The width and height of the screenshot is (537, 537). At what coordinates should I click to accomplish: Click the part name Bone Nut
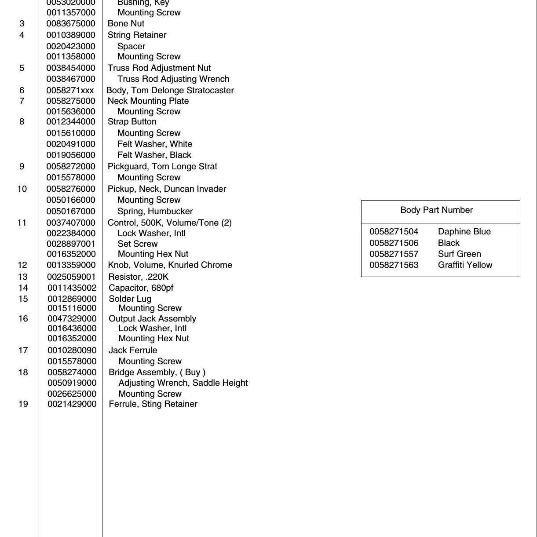pyautogui.click(x=126, y=24)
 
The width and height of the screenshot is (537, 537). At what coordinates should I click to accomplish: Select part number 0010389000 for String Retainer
pyautogui.click(x=71, y=35)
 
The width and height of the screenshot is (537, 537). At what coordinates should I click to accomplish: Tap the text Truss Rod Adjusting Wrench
pyautogui.click(x=173, y=79)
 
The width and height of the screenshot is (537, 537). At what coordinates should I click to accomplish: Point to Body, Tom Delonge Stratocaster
pyautogui.click(x=170, y=91)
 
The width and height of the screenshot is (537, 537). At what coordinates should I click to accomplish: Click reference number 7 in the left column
pyautogui.click(x=22, y=101)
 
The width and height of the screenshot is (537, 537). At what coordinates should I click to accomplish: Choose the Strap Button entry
pyautogui.click(x=132, y=122)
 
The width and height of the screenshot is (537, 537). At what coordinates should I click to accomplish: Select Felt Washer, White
pyautogui.click(x=154, y=144)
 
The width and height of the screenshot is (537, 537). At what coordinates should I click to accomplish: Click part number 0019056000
pyautogui.click(x=71, y=155)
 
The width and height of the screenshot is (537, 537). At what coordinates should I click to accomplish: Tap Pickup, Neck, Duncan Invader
pyautogui.click(x=167, y=189)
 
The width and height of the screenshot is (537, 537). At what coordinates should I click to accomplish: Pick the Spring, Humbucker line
pyautogui.click(x=155, y=211)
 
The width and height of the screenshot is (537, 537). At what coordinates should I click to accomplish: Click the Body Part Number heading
pyautogui.click(x=436, y=210)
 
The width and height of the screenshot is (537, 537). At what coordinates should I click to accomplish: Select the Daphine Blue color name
pyautogui.click(x=464, y=231)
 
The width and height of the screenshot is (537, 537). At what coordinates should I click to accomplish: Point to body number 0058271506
pyautogui.click(x=394, y=243)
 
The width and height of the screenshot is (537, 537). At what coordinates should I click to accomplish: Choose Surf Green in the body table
pyautogui.click(x=459, y=254)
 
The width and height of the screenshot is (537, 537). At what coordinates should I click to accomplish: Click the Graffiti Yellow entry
pyautogui.click(x=465, y=265)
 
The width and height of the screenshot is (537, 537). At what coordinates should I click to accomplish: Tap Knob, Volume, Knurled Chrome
pyautogui.click(x=170, y=265)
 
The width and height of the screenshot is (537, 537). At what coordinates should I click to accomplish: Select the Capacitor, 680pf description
pyautogui.click(x=141, y=288)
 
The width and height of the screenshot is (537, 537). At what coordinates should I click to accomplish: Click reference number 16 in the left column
pyautogui.click(x=23, y=318)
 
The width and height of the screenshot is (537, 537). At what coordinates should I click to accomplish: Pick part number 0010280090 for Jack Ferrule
pyautogui.click(x=72, y=350)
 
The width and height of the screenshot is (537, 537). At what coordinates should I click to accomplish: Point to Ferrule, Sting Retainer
pyautogui.click(x=153, y=404)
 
